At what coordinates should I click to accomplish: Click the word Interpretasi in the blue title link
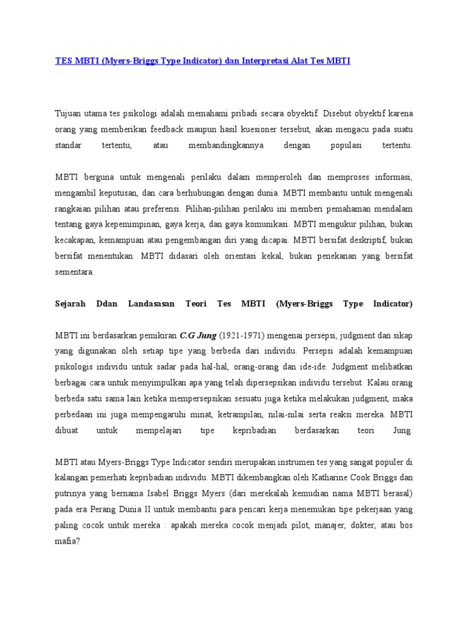point(264,62)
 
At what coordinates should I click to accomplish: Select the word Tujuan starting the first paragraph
point(68,113)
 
